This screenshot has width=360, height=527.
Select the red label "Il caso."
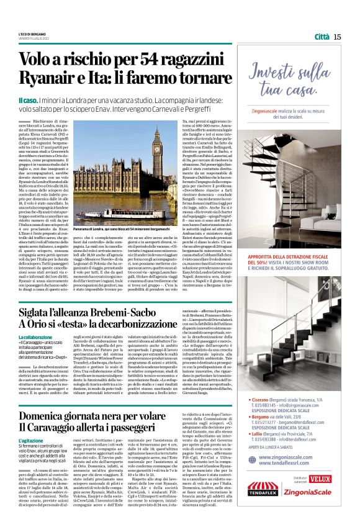coord(29,99)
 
